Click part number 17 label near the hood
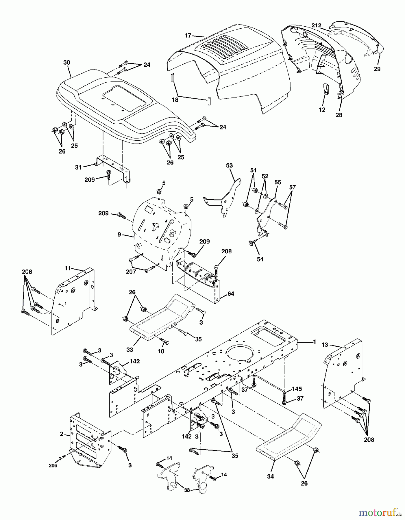click(188, 36)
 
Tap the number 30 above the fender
click(67, 62)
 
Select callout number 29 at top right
click(377, 69)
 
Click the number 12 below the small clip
click(322, 110)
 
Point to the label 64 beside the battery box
click(231, 294)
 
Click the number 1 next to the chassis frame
click(314, 342)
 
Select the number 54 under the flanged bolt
click(260, 259)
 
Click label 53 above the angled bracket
click(229, 166)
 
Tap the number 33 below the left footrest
click(130, 350)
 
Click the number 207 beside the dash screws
click(131, 272)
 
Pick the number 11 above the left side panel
click(68, 268)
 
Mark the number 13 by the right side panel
click(325, 344)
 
